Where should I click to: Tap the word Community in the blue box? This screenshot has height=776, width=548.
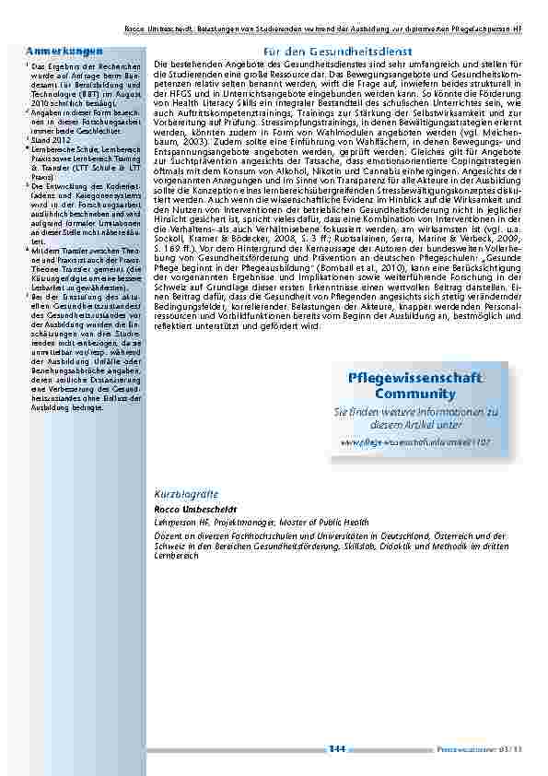tap(415, 394)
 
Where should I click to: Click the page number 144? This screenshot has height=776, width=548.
tap(337, 748)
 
